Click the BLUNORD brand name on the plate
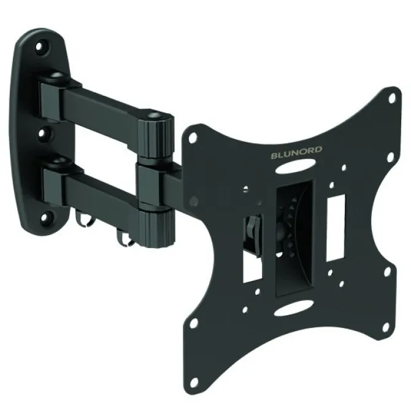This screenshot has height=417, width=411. pyautogui.click(x=296, y=152)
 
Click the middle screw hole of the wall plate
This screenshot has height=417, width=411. pyautogui.click(x=42, y=133)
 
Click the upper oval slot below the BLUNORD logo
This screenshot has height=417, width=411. pyautogui.click(x=296, y=166)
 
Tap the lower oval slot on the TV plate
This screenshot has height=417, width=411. pyautogui.click(x=294, y=308)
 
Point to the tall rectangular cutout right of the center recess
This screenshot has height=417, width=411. pyautogui.click(x=336, y=227)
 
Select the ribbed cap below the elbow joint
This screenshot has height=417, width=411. pyautogui.click(x=156, y=228)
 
